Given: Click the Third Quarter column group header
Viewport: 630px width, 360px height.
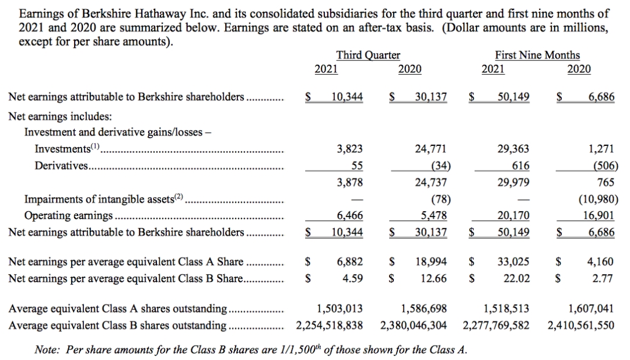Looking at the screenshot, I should point(368,55).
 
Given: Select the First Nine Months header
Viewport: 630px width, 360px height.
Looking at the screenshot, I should point(537,55).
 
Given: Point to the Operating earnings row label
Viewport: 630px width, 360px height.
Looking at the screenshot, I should point(68,215).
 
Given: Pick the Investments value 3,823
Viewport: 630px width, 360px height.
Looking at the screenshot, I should point(350,149).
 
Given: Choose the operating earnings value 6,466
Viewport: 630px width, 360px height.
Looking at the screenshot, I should point(350,215).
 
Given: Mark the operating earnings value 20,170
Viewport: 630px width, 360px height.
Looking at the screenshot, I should point(513,215).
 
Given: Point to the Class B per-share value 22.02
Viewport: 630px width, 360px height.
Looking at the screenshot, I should point(517,278).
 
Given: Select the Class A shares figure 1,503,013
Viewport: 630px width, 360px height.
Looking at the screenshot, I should point(339,309).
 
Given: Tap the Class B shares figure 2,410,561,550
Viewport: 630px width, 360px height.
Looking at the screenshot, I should point(581,324).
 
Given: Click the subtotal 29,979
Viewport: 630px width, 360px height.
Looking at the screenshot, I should point(513,182).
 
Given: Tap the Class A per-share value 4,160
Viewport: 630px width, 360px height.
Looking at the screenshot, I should point(601,262).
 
